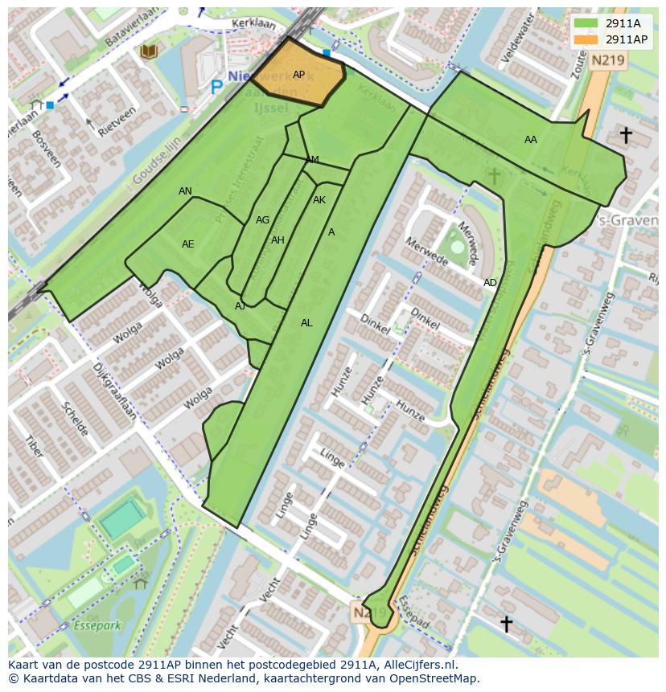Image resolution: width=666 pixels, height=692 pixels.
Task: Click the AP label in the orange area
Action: tap(298, 75)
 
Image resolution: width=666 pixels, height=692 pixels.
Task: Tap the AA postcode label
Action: tap(530, 140)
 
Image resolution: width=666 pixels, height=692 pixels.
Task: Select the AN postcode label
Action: tap(185, 191)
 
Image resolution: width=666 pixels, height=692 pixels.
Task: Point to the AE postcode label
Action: tap(187, 244)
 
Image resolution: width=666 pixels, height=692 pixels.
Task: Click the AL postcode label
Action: tap(306, 323)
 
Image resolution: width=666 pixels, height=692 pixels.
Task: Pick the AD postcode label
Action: tap(490, 283)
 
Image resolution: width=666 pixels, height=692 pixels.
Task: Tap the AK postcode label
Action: tap(319, 200)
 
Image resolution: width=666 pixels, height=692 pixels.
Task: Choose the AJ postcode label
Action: tap(240, 306)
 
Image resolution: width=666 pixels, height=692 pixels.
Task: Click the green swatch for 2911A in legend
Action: tap(586, 23)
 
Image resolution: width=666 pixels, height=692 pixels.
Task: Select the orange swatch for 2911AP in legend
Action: tap(586, 39)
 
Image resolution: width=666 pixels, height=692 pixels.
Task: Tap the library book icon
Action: tap(148, 52)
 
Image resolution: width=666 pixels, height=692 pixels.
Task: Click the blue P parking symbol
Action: tap(216, 86)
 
